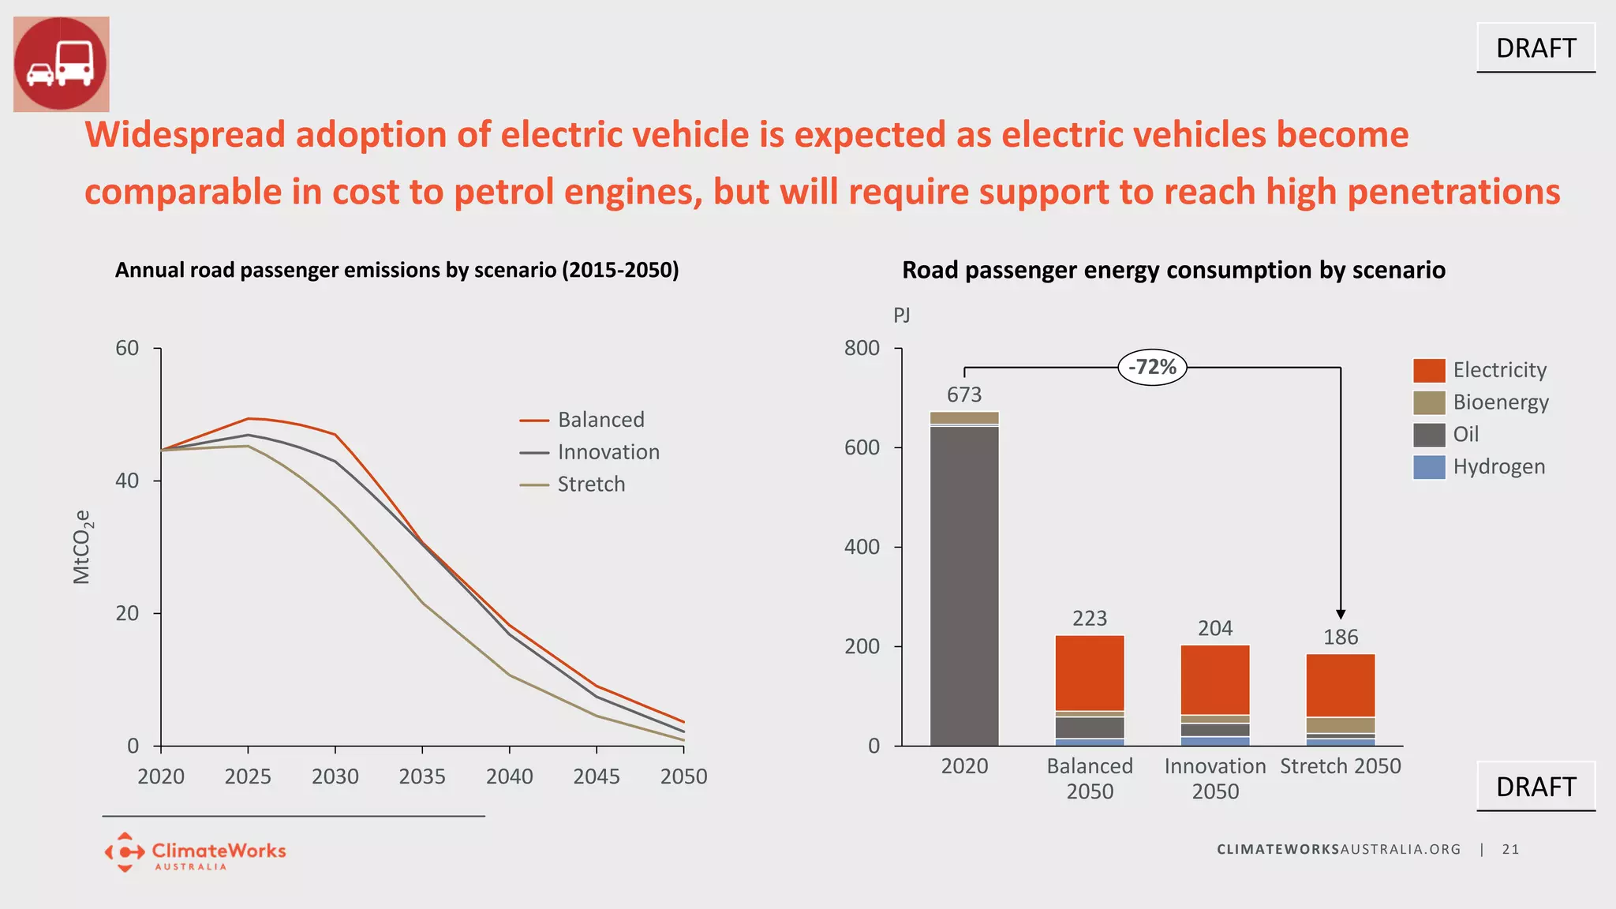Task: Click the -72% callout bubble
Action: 1152,368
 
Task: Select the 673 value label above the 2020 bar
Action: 964,395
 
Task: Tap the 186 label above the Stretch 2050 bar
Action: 1341,637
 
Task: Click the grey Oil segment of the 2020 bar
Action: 964,584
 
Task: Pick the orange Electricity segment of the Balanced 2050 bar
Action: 1090,672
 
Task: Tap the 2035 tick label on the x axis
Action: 422,776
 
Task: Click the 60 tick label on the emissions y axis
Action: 127,348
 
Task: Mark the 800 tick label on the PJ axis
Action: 862,348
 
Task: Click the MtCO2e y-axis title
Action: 82,547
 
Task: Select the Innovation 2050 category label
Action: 1215,778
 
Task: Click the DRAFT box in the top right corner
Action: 1536,48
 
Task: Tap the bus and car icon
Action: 62,64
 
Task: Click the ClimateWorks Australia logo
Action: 195,852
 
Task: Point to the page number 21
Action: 1510,849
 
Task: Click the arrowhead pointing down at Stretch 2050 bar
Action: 1341,614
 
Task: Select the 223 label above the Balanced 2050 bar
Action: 1090,618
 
